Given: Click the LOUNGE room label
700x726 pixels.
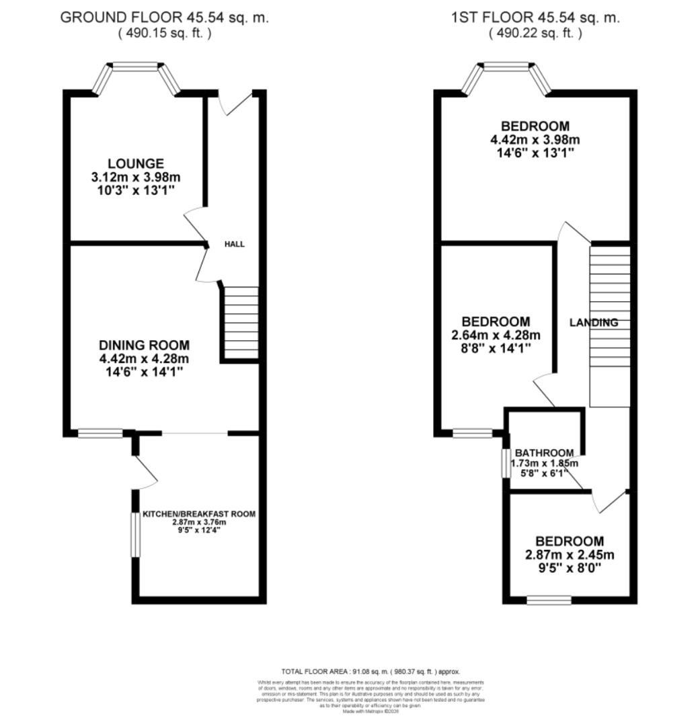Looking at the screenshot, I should click(x=136, y=163).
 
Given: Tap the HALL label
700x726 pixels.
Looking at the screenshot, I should click(x=235, y=244).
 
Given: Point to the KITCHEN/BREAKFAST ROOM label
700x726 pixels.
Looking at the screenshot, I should click(x=199, y=514).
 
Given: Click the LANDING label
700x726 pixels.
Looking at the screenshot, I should click(x=594, y=323).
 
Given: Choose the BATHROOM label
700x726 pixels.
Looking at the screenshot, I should click(x=545, y=453).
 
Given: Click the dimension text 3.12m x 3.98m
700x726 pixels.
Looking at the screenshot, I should click(x=136, y=177).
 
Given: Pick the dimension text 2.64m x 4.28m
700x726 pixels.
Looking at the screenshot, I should click(x=497, y=335).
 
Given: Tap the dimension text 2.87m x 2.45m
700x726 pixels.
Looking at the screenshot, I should click(x=570, y=555).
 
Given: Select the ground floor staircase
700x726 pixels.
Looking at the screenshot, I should click(x=240, y=323).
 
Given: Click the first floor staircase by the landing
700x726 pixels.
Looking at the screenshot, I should click(x=610, y=326).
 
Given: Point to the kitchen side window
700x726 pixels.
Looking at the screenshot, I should click(x=134, y=534).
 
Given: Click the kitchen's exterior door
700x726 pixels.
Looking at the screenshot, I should click(x=145, y=471).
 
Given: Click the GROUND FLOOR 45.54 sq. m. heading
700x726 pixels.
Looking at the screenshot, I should click(x=165, y=18).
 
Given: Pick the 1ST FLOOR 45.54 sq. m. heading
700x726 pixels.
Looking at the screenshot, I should click(x=535, y=18).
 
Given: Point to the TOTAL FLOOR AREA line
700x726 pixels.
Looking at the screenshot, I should click(x=371, y=672).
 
